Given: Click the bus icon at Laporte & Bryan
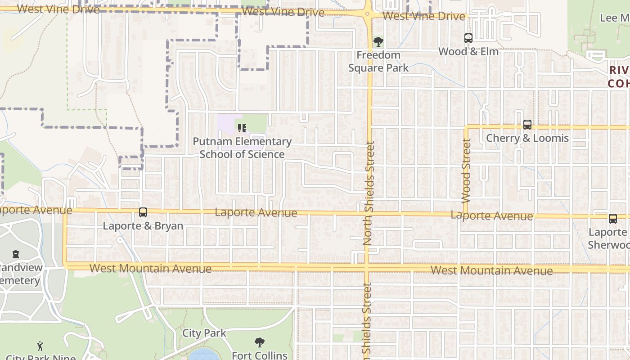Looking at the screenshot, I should [143, 212].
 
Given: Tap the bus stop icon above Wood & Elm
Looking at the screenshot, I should [468, 38].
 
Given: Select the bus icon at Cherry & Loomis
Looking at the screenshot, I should [527, 125].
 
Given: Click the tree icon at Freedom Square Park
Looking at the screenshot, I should [378, 42].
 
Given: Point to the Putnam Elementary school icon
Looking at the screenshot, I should [242, 128].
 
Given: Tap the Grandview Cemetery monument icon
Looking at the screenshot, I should [16, 254].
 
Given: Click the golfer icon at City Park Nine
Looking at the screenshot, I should [40, 346].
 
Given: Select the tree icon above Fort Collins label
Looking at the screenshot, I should [259, 343].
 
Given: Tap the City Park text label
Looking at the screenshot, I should [204, 333].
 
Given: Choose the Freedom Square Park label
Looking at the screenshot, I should [378, 62].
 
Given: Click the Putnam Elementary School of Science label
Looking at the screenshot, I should [242, 148].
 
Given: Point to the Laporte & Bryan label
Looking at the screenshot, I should [143, 226].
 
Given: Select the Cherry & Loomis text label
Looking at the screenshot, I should [527, 138].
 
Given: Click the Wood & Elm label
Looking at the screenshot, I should [468, 52].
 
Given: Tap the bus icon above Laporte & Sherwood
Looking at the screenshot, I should [613, 219].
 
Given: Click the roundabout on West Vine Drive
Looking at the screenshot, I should [369, 14].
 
